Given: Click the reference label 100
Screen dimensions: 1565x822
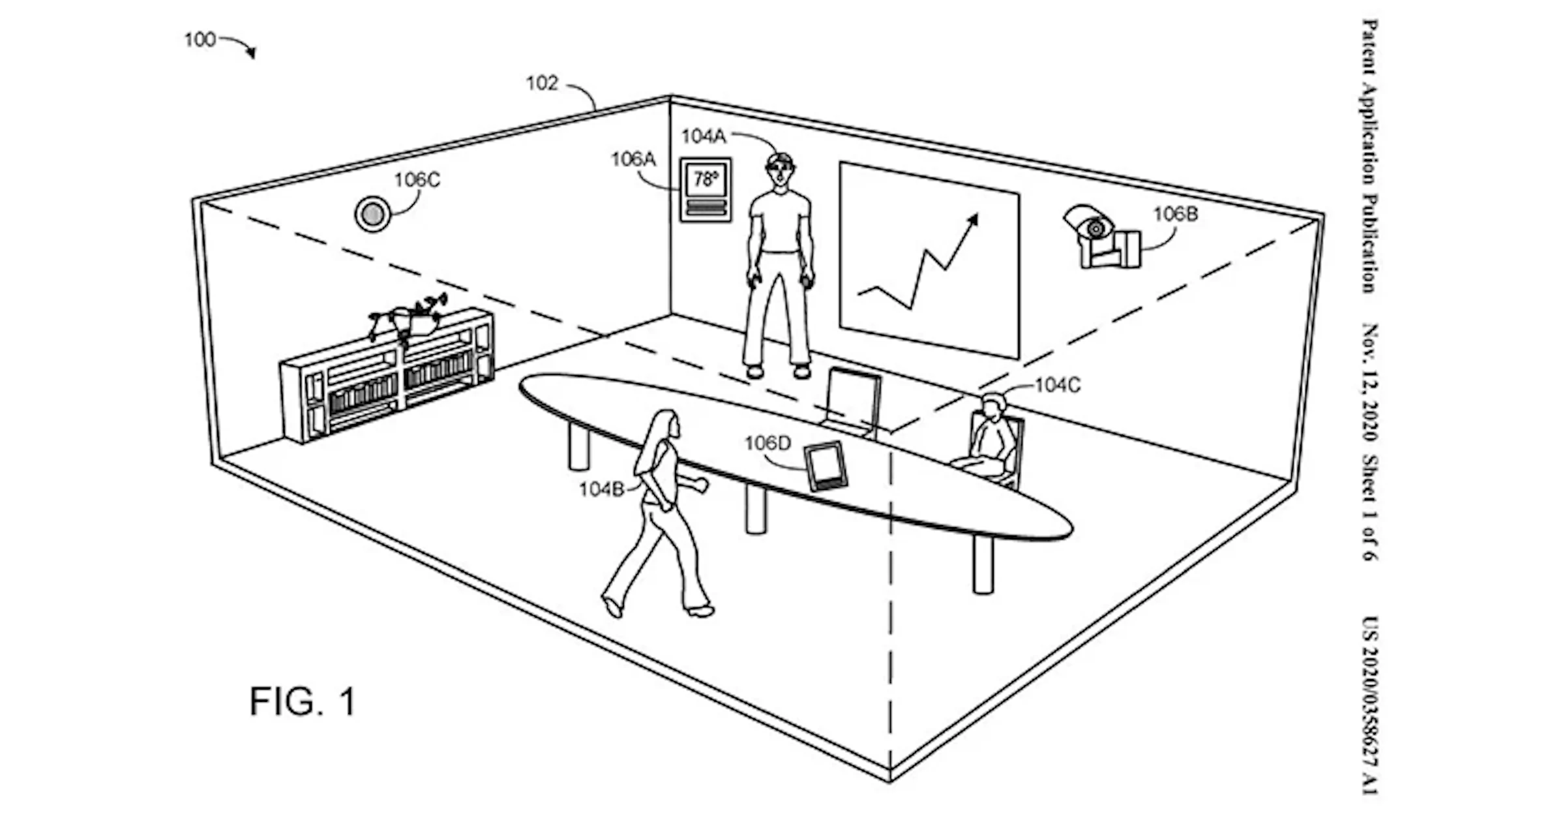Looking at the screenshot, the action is click(x=200, y=40).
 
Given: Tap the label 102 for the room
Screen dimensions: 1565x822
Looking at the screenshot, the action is click(x=543, y=84).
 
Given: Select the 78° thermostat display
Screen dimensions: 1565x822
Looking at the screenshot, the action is click(x=706, y=179).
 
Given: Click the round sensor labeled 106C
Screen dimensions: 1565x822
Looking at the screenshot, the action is click(x=372, y=213).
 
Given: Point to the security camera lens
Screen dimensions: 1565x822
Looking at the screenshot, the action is click(x=1096, y=228).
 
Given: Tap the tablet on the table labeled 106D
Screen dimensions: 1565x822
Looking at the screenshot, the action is click(x=826, y=466).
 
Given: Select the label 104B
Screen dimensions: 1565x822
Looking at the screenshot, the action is click(x=601, y=489).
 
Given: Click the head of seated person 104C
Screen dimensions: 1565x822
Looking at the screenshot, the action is click(x=993, y=406).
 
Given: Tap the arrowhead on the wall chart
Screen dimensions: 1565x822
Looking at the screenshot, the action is click(x=972, y=221).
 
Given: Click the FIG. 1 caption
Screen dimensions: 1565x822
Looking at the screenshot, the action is click(x=303, y=702).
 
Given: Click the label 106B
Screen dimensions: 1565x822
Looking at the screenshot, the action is click(x=1176, y=214).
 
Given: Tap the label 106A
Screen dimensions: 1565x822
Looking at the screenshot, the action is click(x=633, y=159).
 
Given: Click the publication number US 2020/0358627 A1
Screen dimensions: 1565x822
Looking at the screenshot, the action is click(x=1370, y=705).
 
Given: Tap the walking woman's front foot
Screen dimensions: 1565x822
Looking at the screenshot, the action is click(x=700, y=611).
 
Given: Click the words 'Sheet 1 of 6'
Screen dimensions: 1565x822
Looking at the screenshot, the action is click(x=1370, y=508).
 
